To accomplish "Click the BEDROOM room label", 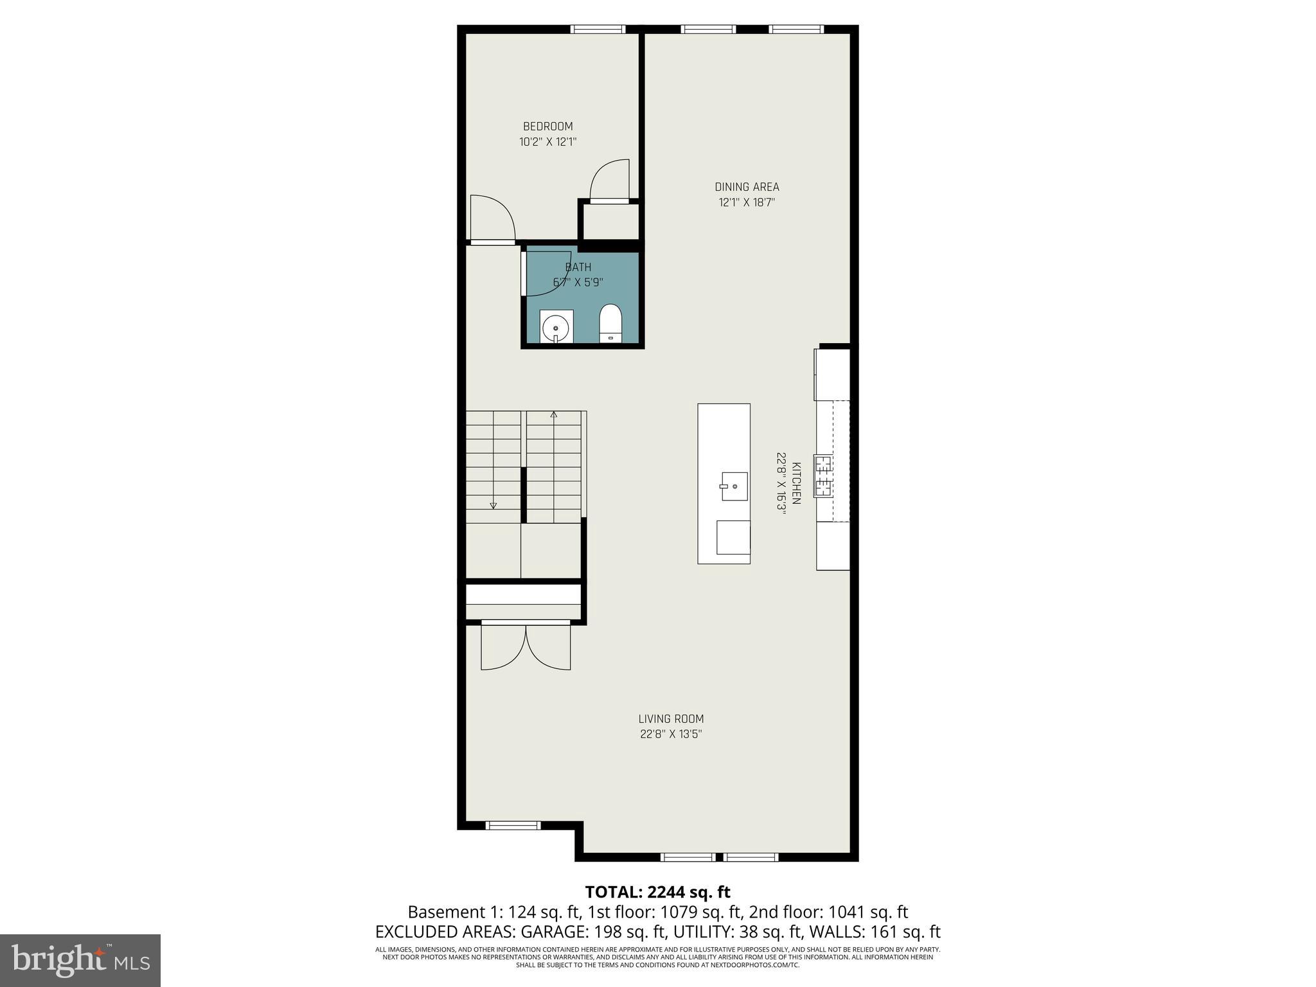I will pyautogui.click(x=547, y=127).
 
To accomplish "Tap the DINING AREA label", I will pyautogui.click(x=747, y=187).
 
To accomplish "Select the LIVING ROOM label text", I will pyautogui.click(x=671, y=719).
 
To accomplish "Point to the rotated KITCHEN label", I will pyautogui.click(x=796, y=483).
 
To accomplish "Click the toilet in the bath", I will pyautogui.click(x=610, y=323).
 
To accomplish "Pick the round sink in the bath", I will pyautogui.click(x=556, y=327).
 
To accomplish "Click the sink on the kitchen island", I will pyautogui.click(x=733, y=486).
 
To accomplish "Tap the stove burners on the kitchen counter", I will pyautogui.click(x=823, y=476).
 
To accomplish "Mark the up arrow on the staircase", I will pyautogui.click(x=554, y=414).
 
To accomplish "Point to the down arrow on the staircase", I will pyautogui.click(x=493, y=505).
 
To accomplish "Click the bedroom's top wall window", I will pyautogui.click(x=598, y=29).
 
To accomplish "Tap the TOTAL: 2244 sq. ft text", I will pyautogui.click(x=657, y=892).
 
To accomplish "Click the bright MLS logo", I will pyautogui.click(x=80, y=960).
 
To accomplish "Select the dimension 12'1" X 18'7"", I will pyautogui.click(x=747, y=202).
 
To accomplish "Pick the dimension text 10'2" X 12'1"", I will pyautogui.click(x=547, y=142).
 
